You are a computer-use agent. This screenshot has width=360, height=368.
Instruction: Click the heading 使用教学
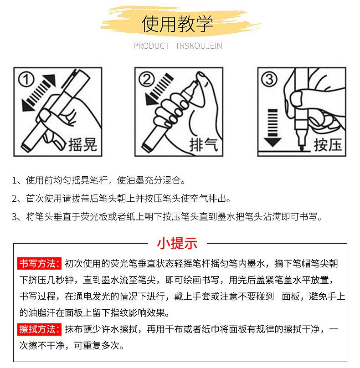tap(177, 24)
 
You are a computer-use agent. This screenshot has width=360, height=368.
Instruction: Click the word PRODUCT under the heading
tap(151, 46)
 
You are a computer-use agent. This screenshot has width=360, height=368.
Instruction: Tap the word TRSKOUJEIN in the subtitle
tap(198, 46)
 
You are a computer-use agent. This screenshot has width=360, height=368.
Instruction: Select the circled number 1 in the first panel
tap(26, 80)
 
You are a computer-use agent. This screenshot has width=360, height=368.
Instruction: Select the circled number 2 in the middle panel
tap(147, 79)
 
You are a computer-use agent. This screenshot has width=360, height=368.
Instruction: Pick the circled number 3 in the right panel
tap(269, 79)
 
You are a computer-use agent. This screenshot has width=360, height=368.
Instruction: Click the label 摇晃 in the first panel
tap(82, 144)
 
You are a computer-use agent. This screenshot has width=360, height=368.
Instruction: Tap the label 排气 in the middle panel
tap(204, 144)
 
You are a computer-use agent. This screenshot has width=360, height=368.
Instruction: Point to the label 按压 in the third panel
tap(328, 144)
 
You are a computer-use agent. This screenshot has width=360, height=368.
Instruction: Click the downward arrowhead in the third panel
tap(273, 142)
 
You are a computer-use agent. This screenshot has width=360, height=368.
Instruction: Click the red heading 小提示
tap(177, 243)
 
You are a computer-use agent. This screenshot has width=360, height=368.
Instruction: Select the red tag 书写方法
tap(39, 264)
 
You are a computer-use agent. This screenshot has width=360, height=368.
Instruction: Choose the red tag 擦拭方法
tap(39, 329)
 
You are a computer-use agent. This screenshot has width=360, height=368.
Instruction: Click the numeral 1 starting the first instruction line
tap(15, 180)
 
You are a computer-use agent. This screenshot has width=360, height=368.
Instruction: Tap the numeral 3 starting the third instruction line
tap(15, 217)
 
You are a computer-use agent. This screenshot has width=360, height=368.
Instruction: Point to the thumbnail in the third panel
tap(296, 98)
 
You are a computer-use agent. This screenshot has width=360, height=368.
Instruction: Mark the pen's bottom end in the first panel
tap(26, 147)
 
